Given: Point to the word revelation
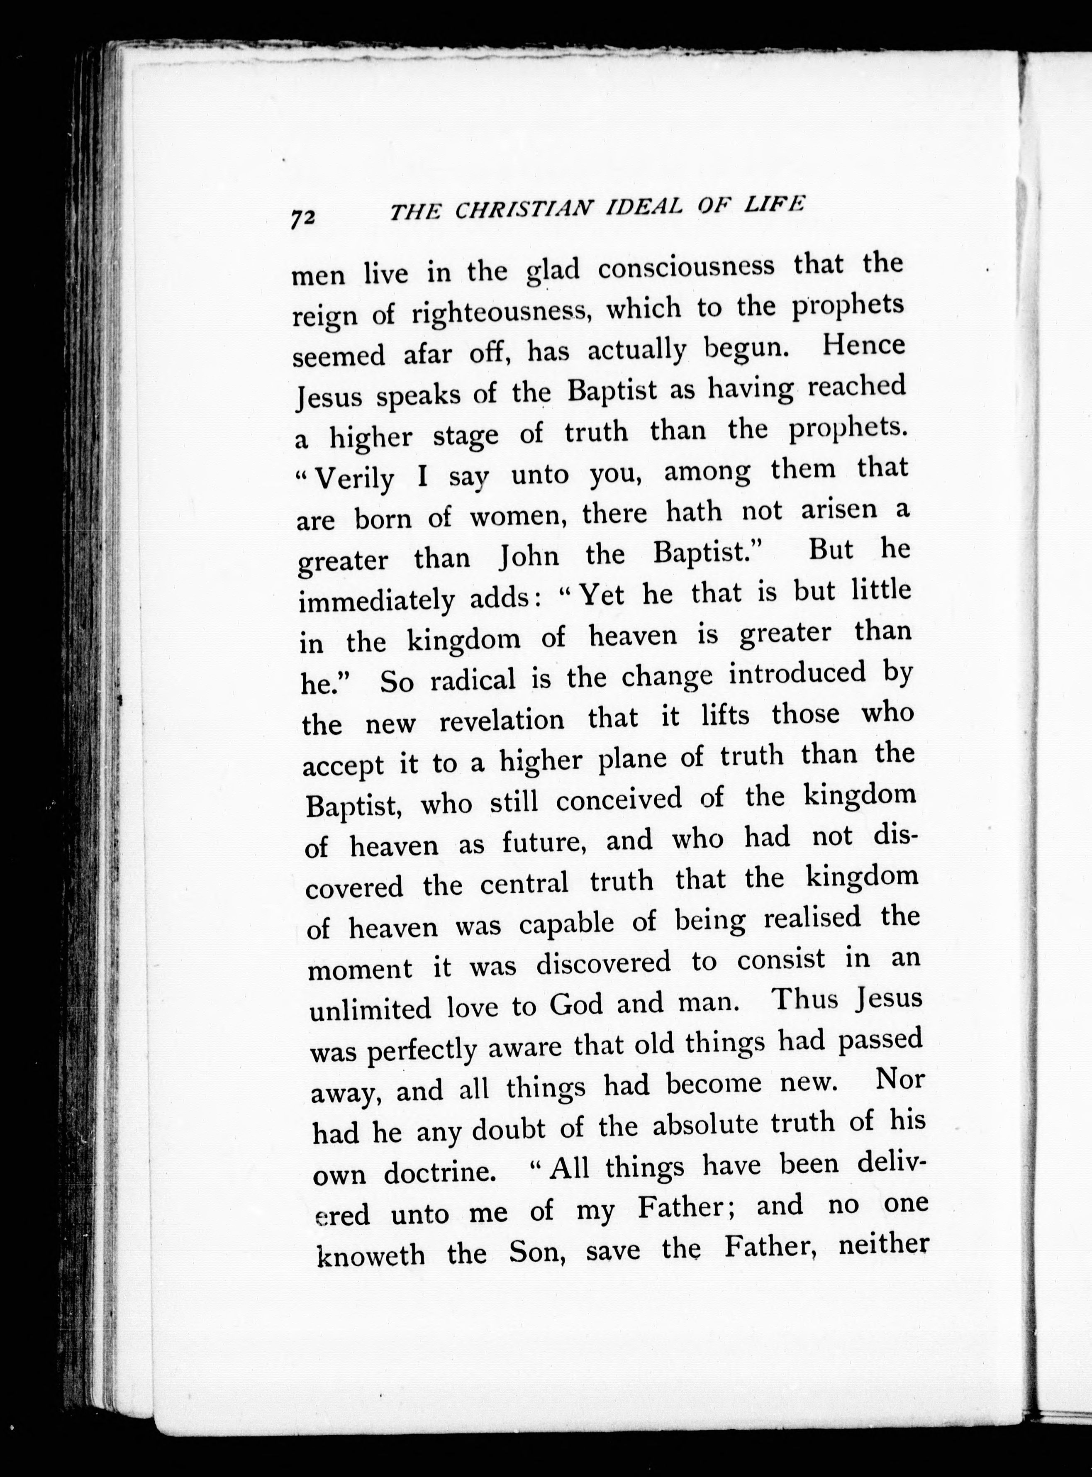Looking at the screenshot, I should click(x=502, y=720).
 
